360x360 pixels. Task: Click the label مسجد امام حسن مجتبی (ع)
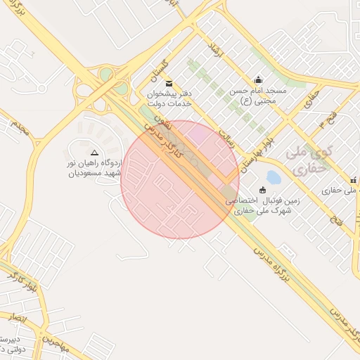point(258,96)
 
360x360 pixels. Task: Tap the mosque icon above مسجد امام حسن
point(258,80)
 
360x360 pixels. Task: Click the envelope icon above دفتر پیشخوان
point(169,84)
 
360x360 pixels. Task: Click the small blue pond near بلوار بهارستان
point(274,175)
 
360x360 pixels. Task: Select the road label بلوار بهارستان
point(254,148)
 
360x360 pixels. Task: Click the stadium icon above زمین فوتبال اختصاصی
point(263,190)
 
